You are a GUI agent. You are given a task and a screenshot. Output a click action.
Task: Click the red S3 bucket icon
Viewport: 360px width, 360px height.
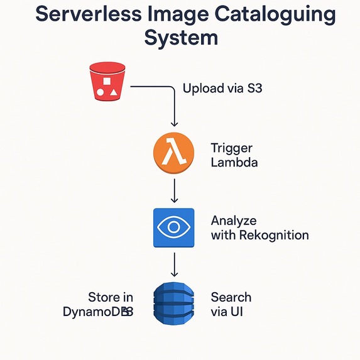[107, 82]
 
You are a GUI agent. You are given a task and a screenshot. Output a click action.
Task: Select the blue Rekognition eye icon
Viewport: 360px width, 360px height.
[174, 227]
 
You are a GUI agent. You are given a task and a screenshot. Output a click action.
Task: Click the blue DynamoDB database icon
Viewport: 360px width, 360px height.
[174, 303]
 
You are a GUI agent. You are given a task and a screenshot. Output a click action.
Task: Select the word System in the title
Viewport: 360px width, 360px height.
[181, 37]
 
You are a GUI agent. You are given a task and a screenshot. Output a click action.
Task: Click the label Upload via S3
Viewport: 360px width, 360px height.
[222, 88]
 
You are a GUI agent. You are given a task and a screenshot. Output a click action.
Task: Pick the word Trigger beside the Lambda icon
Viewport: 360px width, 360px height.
[231, 148]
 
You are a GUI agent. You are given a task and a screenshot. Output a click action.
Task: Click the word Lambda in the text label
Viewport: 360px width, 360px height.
[234, 162]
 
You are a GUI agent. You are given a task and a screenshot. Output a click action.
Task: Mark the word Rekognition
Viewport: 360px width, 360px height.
[273, 236]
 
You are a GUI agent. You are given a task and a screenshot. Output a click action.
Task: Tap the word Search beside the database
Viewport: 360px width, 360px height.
[231, 297]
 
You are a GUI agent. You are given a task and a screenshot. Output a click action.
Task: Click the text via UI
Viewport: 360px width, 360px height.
[226, 311]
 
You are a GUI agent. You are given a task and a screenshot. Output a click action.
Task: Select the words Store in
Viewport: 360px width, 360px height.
[111, 297]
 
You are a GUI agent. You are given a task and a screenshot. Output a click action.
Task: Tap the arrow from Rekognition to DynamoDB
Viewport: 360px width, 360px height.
[174, 264]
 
